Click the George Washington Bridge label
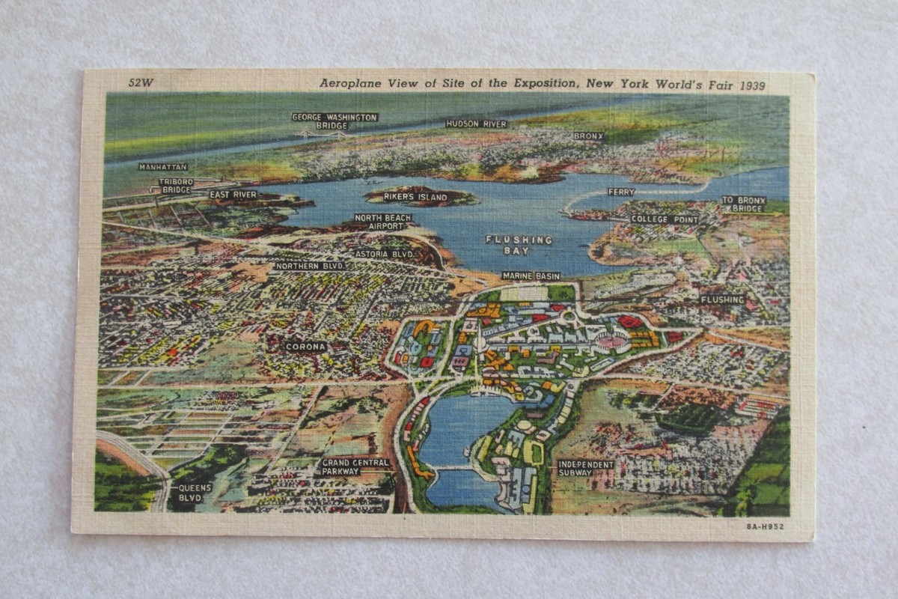coord(335,121)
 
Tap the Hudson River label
coord(477,124)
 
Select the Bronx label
coord(588,136)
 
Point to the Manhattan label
coord(163,167)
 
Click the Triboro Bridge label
coord(177,186)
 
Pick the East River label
coord(233,195)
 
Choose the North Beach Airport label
coord(383,222)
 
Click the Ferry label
coord(621,192)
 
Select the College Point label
coord(664,220)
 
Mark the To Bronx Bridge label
coord(743,204)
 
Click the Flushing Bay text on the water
coord(519,245)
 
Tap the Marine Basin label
coord(531,276)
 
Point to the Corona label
coord(305,347)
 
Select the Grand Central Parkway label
coord(355,467)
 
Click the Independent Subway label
coord(585,468)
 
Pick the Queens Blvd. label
coord(195,492)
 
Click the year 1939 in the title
coord(752,86)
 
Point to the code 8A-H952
coord(765,526)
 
